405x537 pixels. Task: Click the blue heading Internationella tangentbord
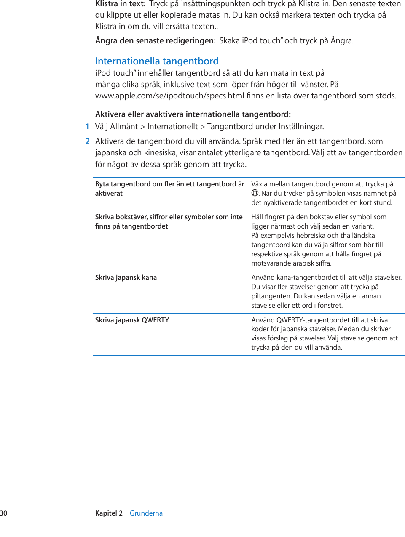point(157,61)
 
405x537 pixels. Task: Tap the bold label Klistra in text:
point(120,4)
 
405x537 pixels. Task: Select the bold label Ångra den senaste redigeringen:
point(155,40)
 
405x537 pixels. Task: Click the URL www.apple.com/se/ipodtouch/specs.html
point(170,96)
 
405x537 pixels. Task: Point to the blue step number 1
point(87,126)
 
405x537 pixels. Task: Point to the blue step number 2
point(87,141)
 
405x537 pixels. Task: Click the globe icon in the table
point(255,193)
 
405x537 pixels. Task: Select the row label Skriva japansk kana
point(126,277)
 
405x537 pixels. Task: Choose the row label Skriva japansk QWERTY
point(132,320)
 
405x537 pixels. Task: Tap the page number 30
point(4,513)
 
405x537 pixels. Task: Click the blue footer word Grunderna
point(146,513)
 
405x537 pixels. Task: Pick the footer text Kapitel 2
point(109,513)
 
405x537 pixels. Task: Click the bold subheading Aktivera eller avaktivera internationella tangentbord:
point(193,114)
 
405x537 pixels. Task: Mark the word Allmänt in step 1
point(124,126)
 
